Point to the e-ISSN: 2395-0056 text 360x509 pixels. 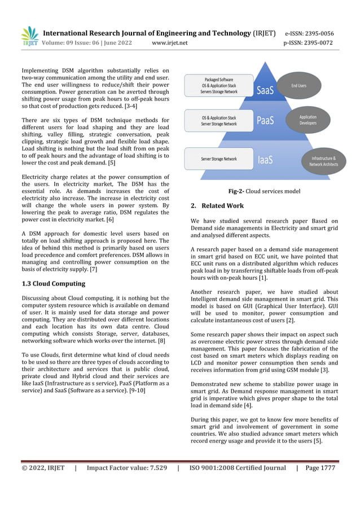309,33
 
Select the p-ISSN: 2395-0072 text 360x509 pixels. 308,43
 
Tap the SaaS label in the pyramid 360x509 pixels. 266,90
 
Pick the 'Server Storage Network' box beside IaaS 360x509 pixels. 219,159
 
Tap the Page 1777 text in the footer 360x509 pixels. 320,468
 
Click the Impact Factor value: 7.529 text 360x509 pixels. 126,468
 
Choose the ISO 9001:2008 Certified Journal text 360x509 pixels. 238,468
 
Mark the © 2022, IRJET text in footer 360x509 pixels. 43,468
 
